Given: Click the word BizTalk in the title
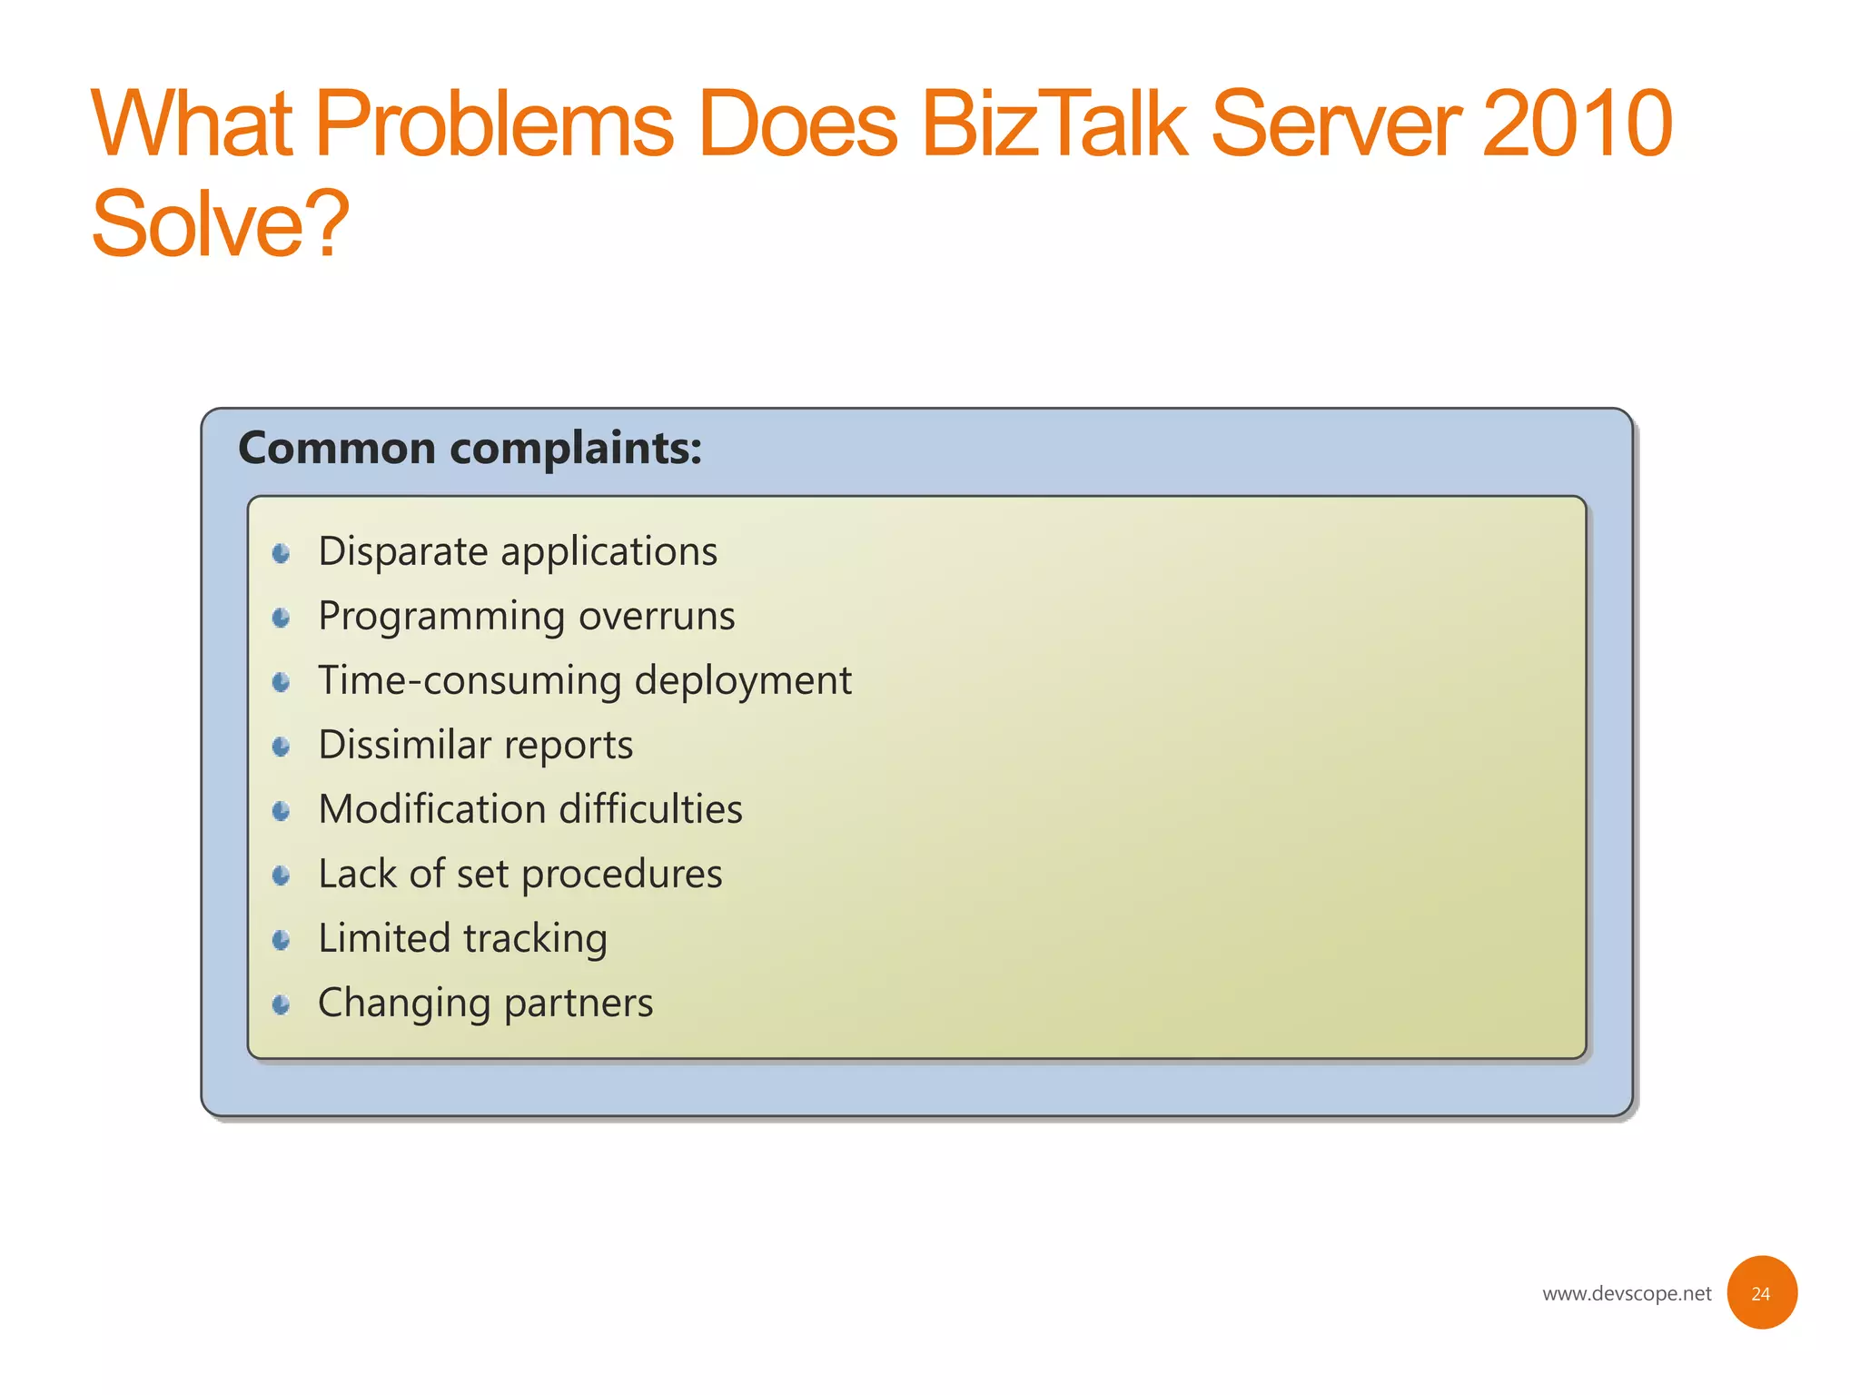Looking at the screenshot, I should (x=1054, y=124).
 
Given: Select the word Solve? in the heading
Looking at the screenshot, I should (x=220, y=223).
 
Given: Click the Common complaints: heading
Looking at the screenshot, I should (x=470, y=448).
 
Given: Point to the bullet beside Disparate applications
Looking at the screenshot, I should (x=282, y=553).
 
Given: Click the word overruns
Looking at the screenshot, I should (x=657, y=616).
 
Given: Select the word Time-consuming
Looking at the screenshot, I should (x=470, y=680).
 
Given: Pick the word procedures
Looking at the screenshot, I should (x=621, y=874).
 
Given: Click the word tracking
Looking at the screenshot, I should (x=535, y=938).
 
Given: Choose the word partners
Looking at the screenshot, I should (x=579, y=1003).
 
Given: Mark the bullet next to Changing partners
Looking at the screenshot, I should (x=282, y=1004).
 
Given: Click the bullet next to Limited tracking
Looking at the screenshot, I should (x=282, y=940).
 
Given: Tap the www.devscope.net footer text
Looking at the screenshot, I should (x=1626, y=1293).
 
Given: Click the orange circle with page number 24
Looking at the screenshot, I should (x=1761, y=1292).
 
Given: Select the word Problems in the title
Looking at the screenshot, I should (x=494, y=124).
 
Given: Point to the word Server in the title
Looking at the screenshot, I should (x=1335, y=124).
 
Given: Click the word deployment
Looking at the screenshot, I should (x=742, y=680).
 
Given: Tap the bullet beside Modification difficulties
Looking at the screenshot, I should (x=282, y=811).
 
